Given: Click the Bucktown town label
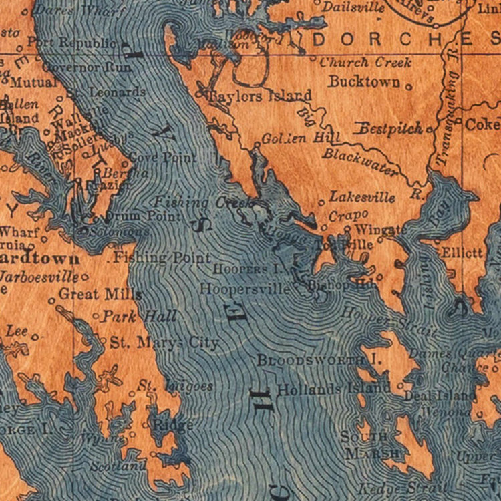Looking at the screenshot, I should click(364, 81).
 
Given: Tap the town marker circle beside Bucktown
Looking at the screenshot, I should click(408, 86).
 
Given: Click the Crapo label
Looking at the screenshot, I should click(348, 215).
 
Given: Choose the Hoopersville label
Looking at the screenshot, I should click(245, 289).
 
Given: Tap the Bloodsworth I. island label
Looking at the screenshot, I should click(319, 360).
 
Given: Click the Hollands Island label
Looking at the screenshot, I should click(333, 388).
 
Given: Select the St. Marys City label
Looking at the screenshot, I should click(164, 343).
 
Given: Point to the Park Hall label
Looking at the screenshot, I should click(139, 316).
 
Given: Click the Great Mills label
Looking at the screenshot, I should click(100, 293).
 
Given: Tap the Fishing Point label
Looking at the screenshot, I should click(162, 257).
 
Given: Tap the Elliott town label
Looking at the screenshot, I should click(462, 253).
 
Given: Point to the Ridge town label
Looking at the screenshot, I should click(173, 425).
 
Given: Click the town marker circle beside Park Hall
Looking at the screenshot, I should click(96, 316).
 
